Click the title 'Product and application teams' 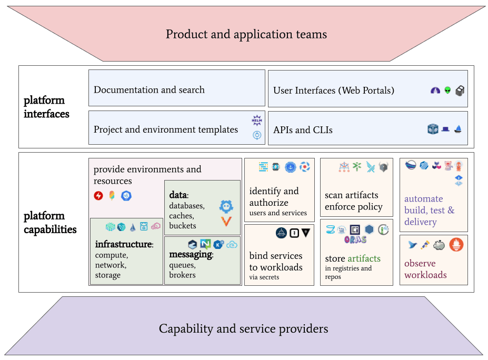246,34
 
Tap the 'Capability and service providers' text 243,328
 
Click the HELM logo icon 257,120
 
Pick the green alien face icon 447,91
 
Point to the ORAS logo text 355,239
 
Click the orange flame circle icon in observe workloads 456,245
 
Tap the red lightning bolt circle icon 98,196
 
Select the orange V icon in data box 226,221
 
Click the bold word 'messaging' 191,255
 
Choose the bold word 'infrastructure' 124,244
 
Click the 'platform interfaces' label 46,107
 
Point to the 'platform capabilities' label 50,223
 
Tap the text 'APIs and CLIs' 303,130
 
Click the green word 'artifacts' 364,258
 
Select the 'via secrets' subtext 264,277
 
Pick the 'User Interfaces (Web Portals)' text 334,91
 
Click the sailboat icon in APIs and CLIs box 458,129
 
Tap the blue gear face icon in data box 226,206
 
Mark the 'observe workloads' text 425,269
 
